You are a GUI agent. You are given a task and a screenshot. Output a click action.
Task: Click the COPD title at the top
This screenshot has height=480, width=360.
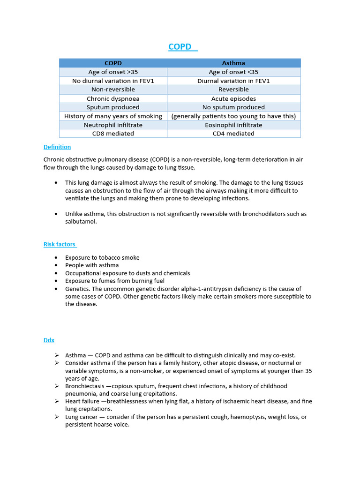click(180, 47)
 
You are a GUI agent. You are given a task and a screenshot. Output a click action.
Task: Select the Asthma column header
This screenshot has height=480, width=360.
click(233, 63)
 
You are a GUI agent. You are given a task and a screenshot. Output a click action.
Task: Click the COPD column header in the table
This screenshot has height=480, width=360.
click(113, 63)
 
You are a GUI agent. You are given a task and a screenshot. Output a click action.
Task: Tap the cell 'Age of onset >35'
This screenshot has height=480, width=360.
click(113, 72)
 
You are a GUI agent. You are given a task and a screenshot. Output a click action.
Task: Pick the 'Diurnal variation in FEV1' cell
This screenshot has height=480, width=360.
click(233, 81)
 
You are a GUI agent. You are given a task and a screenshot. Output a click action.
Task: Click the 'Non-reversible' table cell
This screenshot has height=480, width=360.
click(113, 90)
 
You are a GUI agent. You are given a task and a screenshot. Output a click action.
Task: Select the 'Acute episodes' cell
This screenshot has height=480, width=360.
click(233, 98)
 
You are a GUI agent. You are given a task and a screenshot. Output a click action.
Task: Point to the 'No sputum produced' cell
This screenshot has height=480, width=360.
click(233, 107)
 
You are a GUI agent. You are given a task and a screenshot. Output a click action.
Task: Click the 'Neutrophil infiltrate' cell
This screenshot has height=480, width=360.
click(113, 125)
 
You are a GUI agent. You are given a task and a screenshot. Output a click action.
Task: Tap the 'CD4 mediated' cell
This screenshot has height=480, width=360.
click(233, 134)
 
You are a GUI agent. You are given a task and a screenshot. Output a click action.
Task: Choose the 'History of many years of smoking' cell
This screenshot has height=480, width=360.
click(113, 116)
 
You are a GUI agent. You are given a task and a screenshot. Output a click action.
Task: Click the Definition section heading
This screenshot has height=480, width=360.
click(57, 147)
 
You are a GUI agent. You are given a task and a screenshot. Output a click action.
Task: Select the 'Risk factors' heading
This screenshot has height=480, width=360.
click(60, 244)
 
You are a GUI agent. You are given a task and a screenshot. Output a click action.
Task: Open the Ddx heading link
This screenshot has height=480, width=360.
click(49, 340)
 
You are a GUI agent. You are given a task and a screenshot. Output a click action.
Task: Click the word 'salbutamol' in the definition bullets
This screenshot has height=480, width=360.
click(81, 222)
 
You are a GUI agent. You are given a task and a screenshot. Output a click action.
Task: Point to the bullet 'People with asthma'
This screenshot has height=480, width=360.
click(92, 265)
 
